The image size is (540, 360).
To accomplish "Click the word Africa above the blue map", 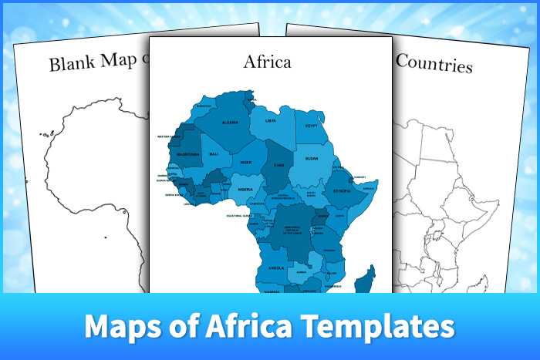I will click(268, 61).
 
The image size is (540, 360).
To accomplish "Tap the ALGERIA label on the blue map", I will click(230, 123).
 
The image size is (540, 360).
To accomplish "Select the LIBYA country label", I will click(271, 121).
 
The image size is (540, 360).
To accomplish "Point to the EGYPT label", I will click(312, 126).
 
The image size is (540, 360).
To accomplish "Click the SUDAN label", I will click(312, 158).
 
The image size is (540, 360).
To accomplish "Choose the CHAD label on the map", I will click(277, 165).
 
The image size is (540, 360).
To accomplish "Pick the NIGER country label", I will click(245, 163).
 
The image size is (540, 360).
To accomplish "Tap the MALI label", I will click(214, 154).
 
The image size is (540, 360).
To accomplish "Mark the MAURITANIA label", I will click(188, 154).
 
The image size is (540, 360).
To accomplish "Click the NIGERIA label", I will click(245, 189).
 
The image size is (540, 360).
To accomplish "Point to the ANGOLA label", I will click(276, 267).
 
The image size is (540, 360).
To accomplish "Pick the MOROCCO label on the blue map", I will click(204, 106).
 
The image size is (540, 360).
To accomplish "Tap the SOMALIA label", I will click(369, 187).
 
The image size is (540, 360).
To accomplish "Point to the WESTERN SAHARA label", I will click(169, 136).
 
